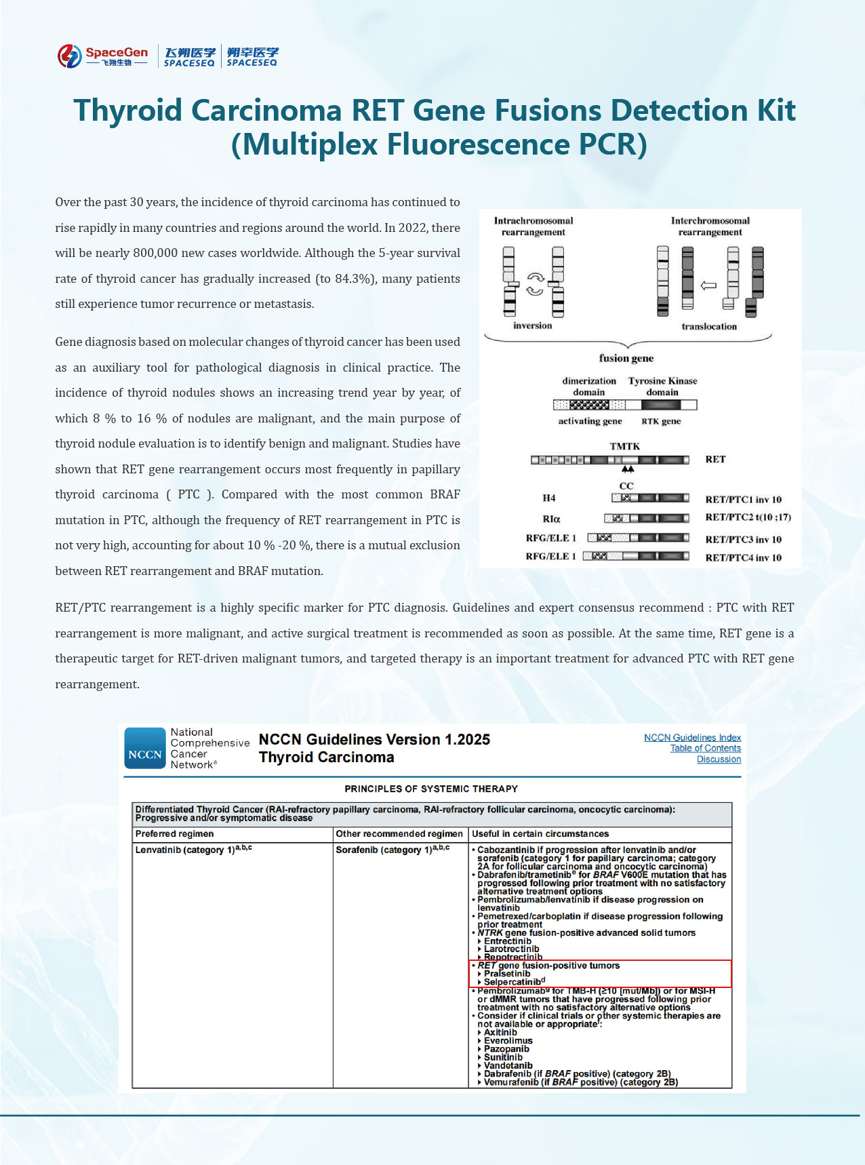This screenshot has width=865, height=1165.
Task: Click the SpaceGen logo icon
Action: pyautogui.click(x=69, y=56)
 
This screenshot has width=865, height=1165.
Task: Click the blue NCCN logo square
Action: pyautogui.click(x=145, y=749)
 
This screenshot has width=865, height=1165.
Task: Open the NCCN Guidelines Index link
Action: pyautogui.click(x=692, y=738)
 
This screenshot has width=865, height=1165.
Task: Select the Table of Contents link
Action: pyautogui.click(x=705, y=749)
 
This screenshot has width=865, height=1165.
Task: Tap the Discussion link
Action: pyautogui.click(x=719, y=759)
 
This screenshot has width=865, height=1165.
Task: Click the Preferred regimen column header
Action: pyautogui.click(x=174, y=834)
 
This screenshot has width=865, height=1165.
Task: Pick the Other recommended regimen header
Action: pyautogui.click(x=399, y=834)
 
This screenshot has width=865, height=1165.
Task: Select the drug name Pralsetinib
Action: pyautogui.click(x=507, y=974)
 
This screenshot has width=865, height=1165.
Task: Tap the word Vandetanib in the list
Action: pyautogui.click(x=508, y=1065)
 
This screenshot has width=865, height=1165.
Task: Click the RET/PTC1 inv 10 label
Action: pyautogui.click(x=743, y=500)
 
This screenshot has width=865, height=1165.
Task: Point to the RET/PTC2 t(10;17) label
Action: pyautogui.click(x=748, y=517)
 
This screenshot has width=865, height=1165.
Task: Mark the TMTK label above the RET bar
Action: pyautogui.click(x=624, y=446)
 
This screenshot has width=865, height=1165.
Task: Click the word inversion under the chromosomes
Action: pyautogui.click(x=532, y=325)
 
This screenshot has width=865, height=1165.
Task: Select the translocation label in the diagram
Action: pyautogui.click(x=709, y=326)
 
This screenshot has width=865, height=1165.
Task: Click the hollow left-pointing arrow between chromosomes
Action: pyautogui.click(x=708, y=285)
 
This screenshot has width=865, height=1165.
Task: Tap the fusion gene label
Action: pyautogui.click(x=626, y=358)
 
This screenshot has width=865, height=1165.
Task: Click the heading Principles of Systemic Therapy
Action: pyautogui.click(x=431, y=789)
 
